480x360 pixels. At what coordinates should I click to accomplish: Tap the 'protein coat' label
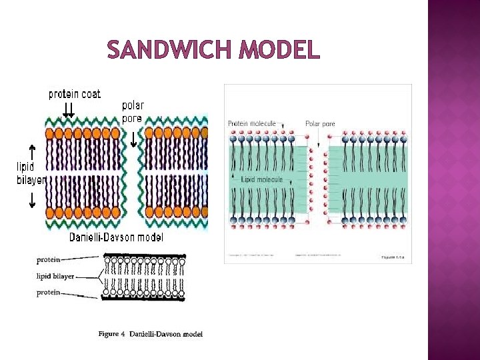pos(74,94)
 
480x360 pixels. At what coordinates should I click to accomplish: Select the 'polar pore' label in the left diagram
pos(133,112)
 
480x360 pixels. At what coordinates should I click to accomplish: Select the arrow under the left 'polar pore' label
pos(133,139)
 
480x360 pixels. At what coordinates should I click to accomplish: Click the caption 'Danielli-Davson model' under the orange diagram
pos(116,237)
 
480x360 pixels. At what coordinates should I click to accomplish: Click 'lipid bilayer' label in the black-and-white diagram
pos(55,276)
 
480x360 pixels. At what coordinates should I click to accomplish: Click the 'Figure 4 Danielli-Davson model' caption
pos(150,334)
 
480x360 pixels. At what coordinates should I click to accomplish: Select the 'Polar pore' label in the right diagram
pos(320,123)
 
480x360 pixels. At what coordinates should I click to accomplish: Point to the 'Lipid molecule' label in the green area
pos(262,179)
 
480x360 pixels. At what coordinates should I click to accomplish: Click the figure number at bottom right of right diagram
pos(393,257)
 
